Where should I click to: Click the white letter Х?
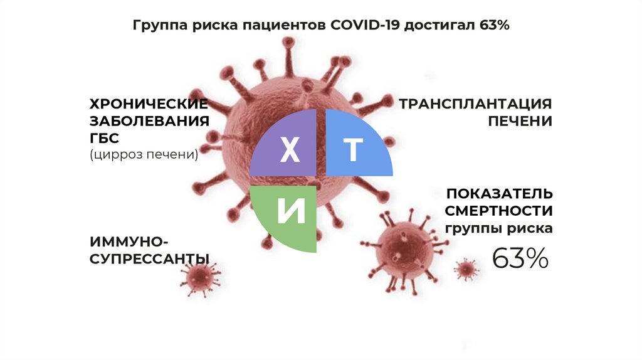coord(289,151)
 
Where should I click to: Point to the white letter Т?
coord(353,150)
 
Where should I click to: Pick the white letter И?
coord(291,212)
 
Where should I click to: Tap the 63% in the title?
coord(493,26)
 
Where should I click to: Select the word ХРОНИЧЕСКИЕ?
coord(149,103)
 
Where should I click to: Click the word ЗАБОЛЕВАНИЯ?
coord(149,120)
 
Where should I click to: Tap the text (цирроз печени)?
coord(144,154)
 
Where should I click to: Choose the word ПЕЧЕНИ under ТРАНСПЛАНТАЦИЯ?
coord(520,120)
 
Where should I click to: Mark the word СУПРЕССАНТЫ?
coord(149,258)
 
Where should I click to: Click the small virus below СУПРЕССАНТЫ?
coord(199,276)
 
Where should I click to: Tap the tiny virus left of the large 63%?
coord(466,270)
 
